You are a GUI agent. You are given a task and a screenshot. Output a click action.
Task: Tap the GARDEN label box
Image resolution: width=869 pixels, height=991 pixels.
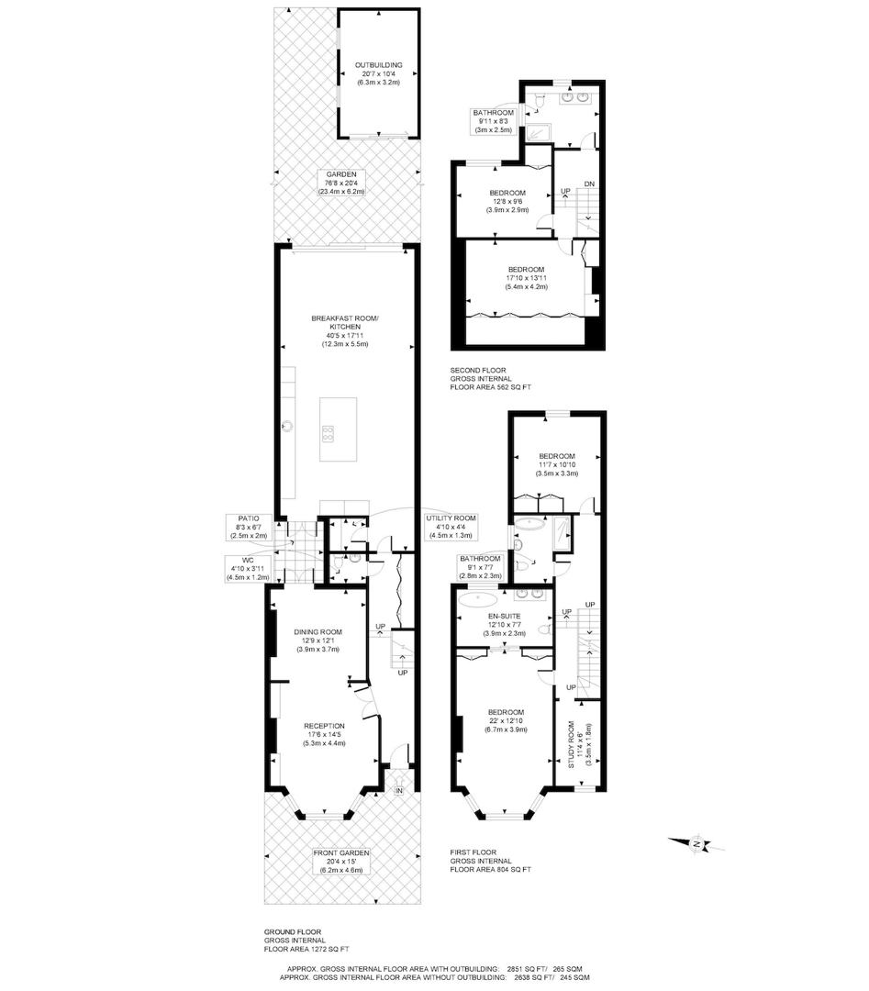coord(342,183)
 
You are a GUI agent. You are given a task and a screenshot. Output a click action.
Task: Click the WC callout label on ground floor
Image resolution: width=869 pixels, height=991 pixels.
coord(249,568)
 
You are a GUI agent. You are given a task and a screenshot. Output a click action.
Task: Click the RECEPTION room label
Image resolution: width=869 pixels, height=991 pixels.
coord(325,734)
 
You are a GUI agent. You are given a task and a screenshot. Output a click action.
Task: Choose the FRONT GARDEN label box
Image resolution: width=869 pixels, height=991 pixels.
coord(341,861)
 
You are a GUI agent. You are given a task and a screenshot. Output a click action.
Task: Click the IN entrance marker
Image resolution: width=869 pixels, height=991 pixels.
coord(399,790)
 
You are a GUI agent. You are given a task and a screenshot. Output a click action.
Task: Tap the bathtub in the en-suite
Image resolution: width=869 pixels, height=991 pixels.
coord(476,602)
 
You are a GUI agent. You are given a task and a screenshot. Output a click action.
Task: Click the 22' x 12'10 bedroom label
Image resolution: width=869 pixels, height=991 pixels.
coord(506,721)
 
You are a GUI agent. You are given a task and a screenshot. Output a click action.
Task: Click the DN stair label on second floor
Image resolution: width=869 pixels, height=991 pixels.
coord(589,185)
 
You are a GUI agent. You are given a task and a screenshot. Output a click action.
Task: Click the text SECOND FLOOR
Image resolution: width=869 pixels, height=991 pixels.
coord(478,370)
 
